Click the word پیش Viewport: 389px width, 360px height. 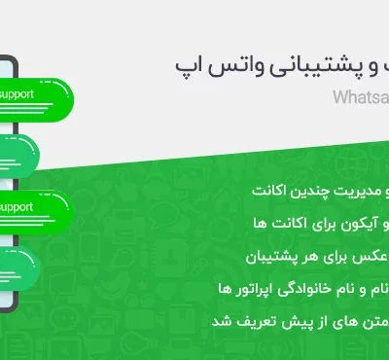click(279, 322)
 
